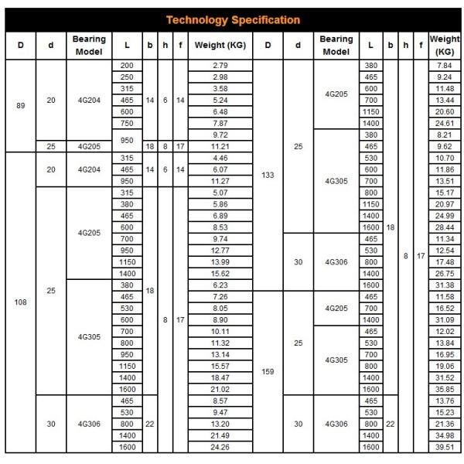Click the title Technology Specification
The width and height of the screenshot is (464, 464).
click(233, 19)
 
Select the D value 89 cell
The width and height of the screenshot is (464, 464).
click(21, 105)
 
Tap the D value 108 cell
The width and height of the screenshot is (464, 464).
click(21, 302)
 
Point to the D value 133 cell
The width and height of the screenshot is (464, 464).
click(268, 176)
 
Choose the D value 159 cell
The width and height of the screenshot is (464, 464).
click(268, 371)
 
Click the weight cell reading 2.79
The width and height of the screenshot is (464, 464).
click(220, 66)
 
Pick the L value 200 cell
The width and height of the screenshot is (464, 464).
click(127, 66)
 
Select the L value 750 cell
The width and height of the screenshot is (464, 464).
click(127, 123)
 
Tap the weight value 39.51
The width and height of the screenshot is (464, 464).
click(444, 446)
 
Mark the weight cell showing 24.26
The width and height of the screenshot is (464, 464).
click(220, 446)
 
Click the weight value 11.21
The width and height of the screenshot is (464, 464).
click(220, 145)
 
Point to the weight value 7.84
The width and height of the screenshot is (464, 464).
click(444, 66)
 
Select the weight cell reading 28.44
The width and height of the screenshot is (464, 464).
click(444, 227)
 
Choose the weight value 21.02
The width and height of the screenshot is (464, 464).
click(220, 388)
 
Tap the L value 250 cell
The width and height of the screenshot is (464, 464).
click(127, 77)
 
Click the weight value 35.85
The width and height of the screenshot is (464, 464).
click(444, 388)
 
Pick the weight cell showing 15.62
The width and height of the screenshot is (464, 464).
click(220, 273)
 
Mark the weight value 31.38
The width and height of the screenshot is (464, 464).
click(444, 285)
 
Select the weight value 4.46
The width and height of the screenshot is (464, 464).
click(220, 158)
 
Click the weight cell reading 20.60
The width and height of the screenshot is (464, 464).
click(444, 111)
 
